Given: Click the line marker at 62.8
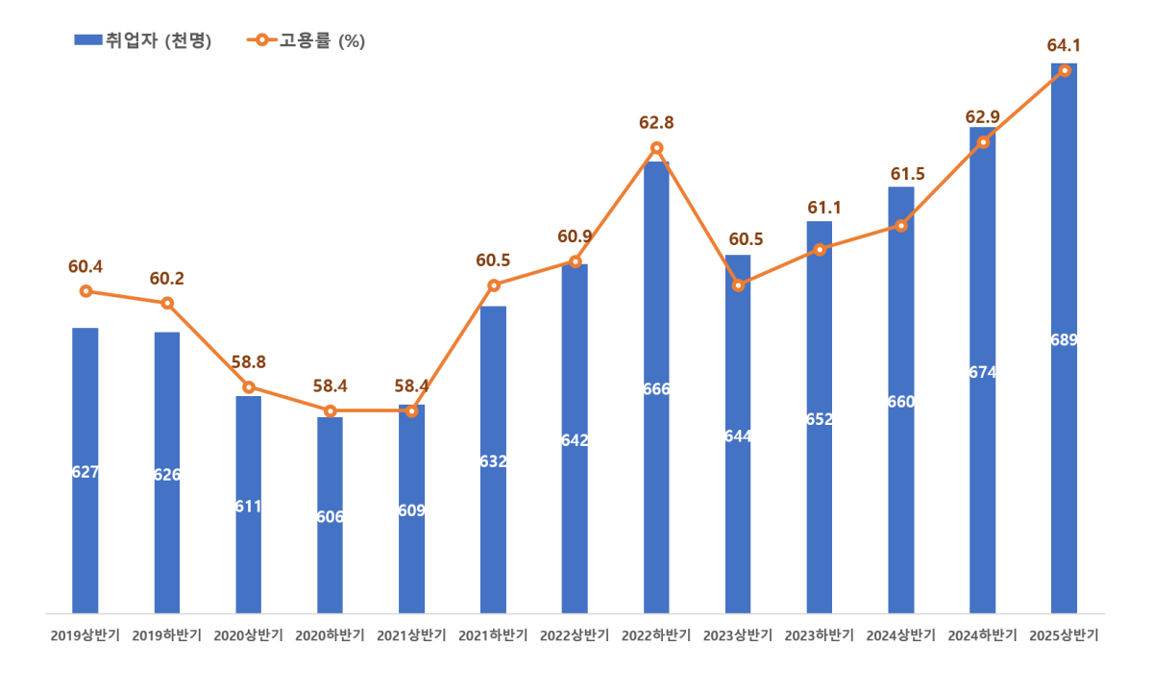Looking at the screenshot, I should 656,147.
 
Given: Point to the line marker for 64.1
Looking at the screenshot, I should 1065,70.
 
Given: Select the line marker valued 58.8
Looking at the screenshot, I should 249,386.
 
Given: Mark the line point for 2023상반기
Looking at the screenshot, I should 738,286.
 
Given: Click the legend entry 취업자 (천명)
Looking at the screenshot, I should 144,40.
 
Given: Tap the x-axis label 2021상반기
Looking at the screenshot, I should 411,635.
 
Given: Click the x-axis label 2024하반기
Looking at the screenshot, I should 982,635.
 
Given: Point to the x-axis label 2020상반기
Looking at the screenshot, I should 248,635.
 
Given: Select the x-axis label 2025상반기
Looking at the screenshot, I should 1064,635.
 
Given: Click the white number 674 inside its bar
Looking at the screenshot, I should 983,372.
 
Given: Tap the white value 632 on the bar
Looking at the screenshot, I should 493,461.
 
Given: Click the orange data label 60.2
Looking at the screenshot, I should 167,279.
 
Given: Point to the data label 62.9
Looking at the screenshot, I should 982,117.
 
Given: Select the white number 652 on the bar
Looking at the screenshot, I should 820,419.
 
